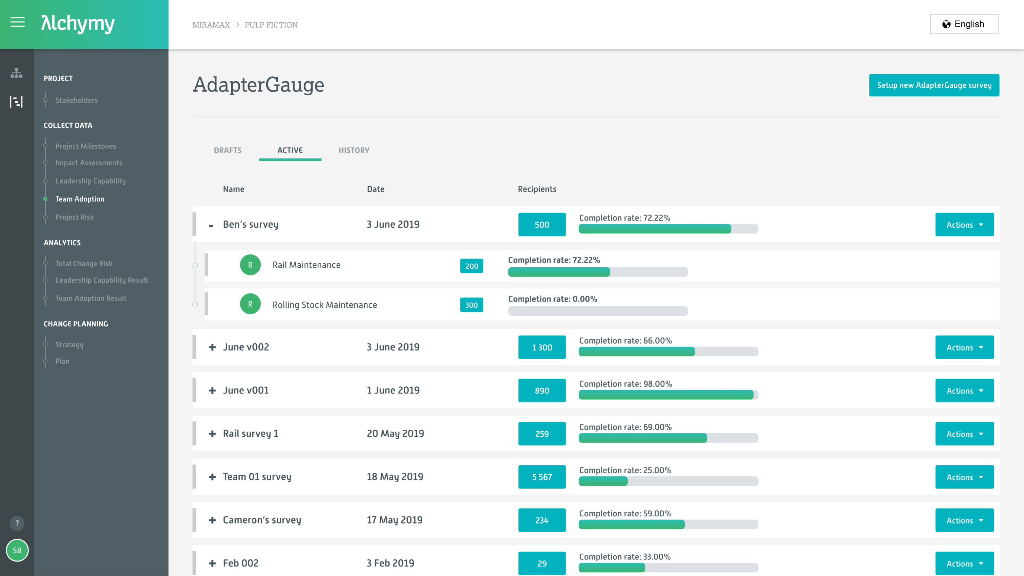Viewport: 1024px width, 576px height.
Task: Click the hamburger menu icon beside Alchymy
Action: (18, 22)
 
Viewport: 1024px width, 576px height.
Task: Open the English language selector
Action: (964, 24)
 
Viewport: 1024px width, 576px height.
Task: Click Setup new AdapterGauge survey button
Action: (934, 85)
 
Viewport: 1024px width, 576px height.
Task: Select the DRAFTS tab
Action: (227, 150)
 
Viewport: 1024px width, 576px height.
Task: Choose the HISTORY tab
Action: (354, 150)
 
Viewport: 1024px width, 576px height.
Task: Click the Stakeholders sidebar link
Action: (76, 100)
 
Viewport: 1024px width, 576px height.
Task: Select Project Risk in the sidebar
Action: (74, 217)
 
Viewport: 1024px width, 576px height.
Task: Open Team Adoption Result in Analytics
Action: (91, 299)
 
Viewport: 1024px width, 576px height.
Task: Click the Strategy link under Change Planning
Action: (69, 345)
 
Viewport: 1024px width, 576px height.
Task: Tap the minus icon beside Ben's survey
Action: (211, 225)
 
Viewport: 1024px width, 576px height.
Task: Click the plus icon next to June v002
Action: (212, 347)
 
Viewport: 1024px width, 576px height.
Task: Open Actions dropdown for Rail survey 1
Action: (964, 434)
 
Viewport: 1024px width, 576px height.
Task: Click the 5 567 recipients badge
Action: (542, 477)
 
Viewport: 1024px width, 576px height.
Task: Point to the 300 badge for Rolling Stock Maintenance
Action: (471, 305)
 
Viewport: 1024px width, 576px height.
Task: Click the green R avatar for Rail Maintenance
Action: (250, 265)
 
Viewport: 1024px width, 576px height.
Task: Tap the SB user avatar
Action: (17, 551)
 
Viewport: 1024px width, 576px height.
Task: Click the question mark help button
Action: (17, 523)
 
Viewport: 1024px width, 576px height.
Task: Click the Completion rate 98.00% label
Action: (625, 384)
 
